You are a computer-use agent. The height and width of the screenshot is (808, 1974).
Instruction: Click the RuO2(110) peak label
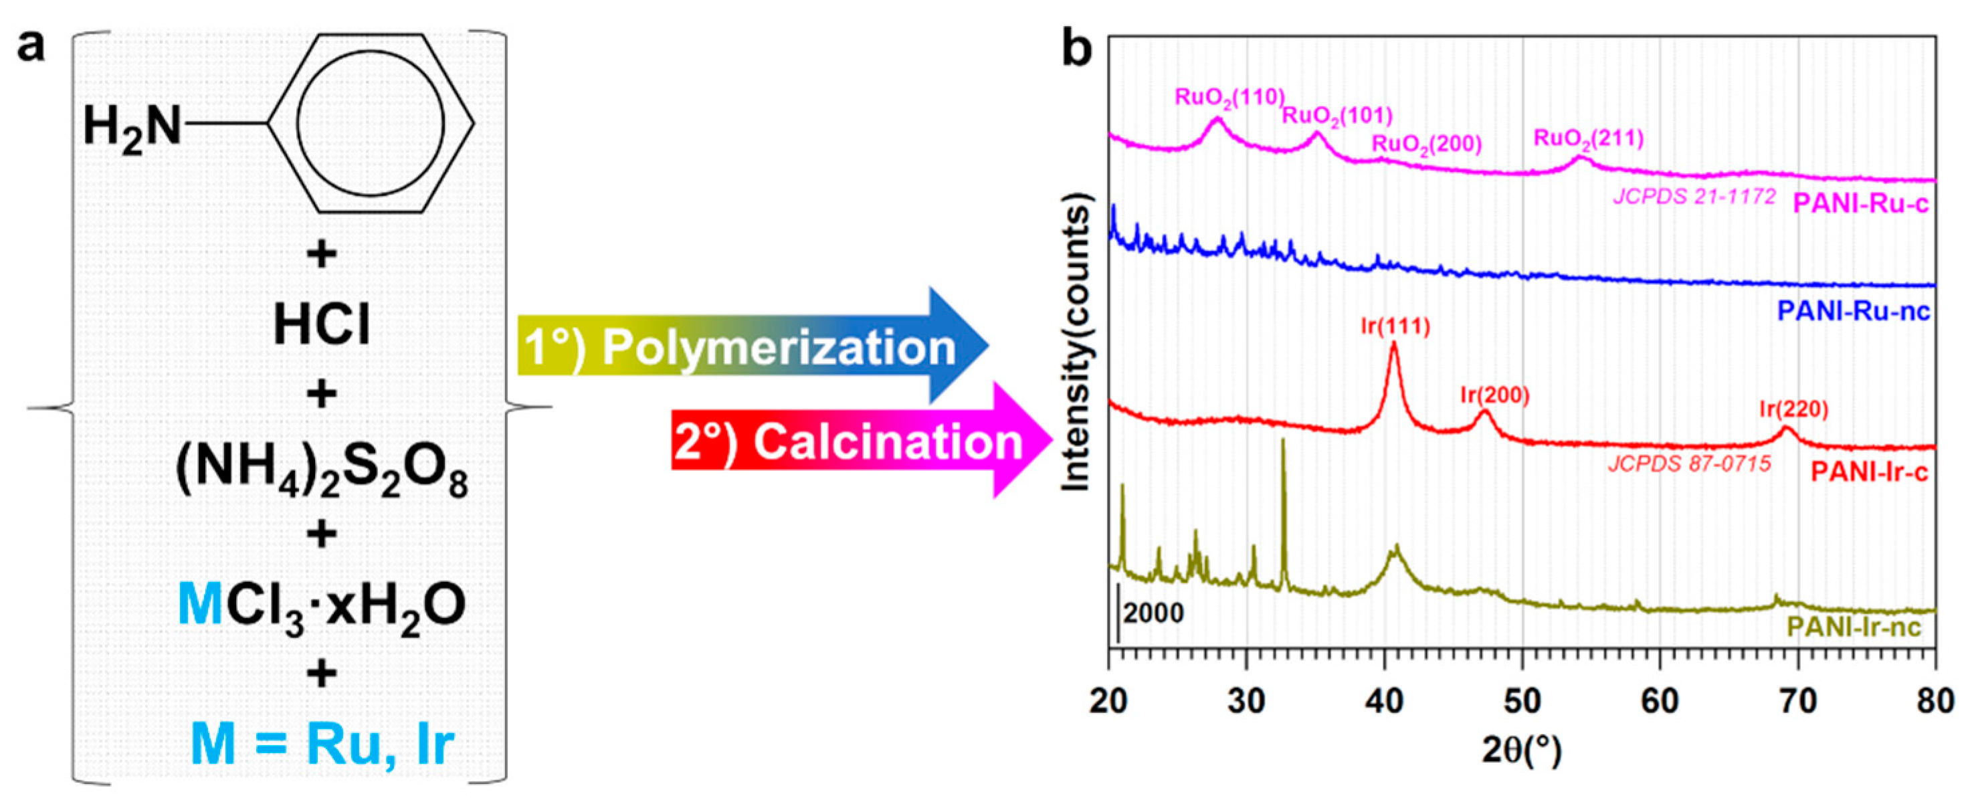[x=1229, y=98]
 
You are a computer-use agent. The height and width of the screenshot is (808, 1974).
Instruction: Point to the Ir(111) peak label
[x=1395, y=326]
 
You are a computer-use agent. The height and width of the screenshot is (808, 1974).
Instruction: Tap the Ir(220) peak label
[x=1793, y=409]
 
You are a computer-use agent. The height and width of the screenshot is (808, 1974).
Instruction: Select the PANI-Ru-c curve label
[x=1860, y=205]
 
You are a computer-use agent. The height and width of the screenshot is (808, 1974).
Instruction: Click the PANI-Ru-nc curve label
[x=1854, y=311]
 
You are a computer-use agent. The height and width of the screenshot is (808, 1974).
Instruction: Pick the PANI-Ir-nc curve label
[x=1854, y=628]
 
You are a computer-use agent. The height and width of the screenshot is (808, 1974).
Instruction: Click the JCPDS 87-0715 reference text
[x=1689, y=464]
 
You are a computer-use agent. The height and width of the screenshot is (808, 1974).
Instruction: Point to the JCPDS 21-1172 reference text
[x=1694, y=197]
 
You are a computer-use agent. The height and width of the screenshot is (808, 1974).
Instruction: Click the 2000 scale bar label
[x=1153, y=613]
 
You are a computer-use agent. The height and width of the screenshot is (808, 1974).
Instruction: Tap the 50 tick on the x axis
[x=1522, y=701]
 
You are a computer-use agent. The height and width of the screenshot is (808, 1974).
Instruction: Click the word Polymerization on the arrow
[x=779, y=348]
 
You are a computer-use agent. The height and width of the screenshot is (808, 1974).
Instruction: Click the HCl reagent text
[x=322, y=325]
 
